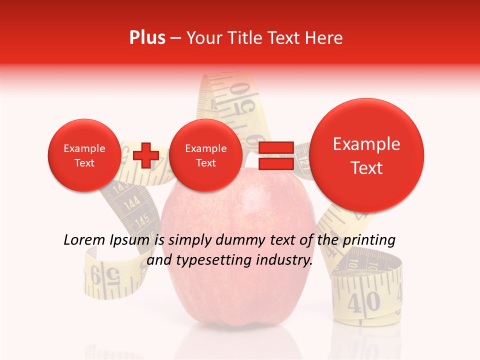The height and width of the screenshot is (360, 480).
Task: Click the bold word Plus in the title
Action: [147, 38]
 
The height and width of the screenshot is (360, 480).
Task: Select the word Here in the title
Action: [325, 38]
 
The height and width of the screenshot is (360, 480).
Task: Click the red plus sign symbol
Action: [145, 155]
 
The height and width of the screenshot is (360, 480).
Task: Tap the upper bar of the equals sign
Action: [275, 148]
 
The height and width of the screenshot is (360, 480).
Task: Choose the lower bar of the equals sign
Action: [275, 163]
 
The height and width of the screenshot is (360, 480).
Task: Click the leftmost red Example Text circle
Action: [84, 155]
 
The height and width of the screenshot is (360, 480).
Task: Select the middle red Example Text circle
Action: [205, 155]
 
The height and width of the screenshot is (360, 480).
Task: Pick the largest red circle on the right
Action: [367, 155]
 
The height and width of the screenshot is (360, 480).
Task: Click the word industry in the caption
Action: [284, 260]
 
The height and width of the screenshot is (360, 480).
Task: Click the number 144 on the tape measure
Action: [131, 203]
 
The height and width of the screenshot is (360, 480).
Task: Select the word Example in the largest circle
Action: [366, 144]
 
